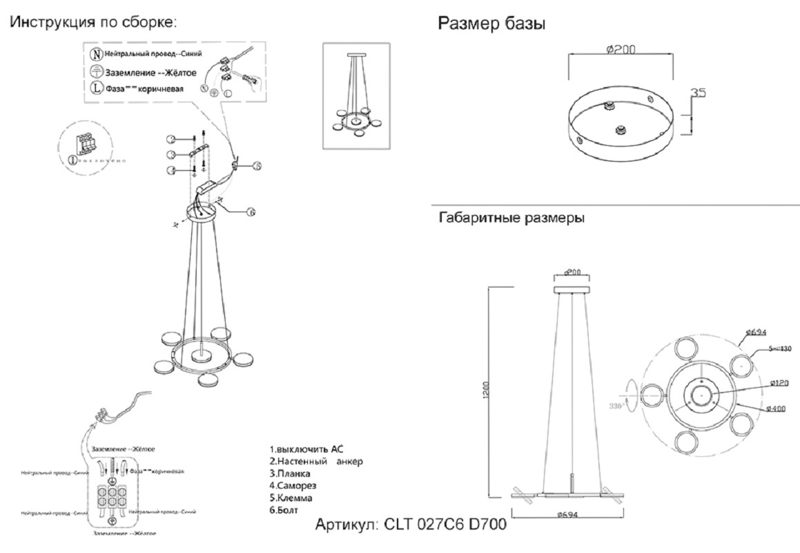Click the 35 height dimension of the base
pos(699,92)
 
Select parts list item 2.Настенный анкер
pos(316,461)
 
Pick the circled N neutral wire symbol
pos(97,55)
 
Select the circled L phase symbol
pos(97,87)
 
